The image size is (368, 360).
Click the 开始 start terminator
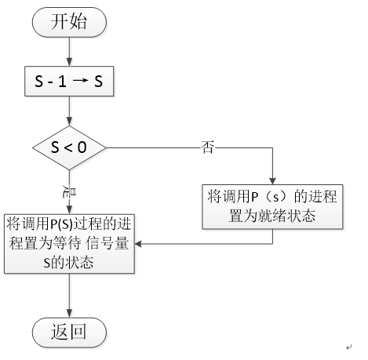[x=70, y=22]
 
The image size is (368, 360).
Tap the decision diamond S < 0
[x=70, y=147]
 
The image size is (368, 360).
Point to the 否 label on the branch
[x=208, y=147]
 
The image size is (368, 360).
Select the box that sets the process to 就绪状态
[x=272, y=205]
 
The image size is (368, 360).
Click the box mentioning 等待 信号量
[x=70, y=242]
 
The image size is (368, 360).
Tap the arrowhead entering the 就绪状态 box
[x=272, y=180]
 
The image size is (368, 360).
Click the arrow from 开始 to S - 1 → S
[x=70, y=52]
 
